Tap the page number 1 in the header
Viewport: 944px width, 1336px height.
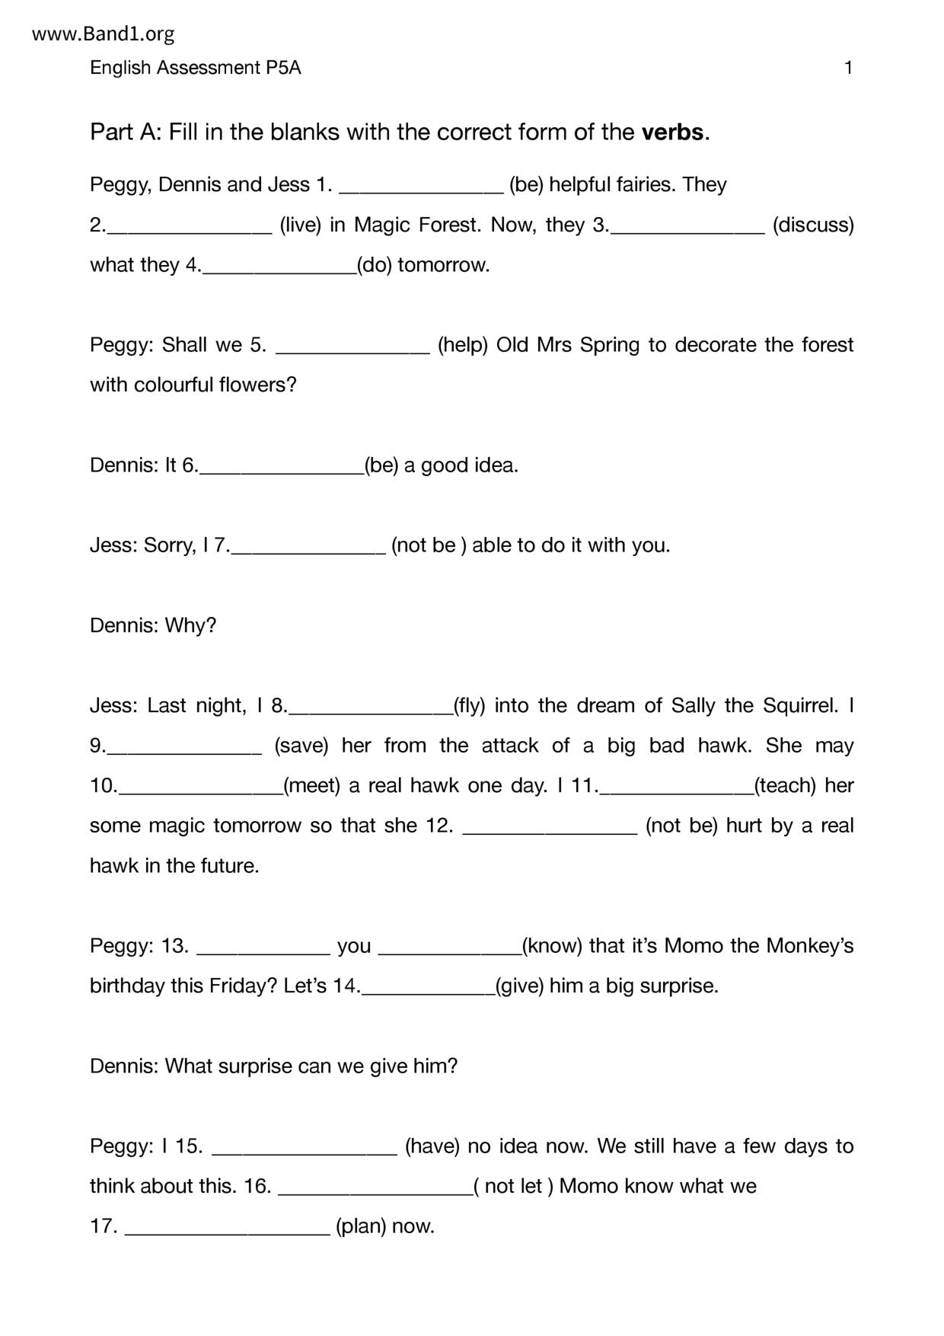pos(848,68)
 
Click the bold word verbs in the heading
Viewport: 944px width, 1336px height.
pos(672,133)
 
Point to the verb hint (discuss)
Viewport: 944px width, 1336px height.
pos(813,225)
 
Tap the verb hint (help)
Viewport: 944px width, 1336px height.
pos(462,345)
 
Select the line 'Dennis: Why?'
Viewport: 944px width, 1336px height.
pos(153,625)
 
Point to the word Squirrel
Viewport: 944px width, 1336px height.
pos(801,706)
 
